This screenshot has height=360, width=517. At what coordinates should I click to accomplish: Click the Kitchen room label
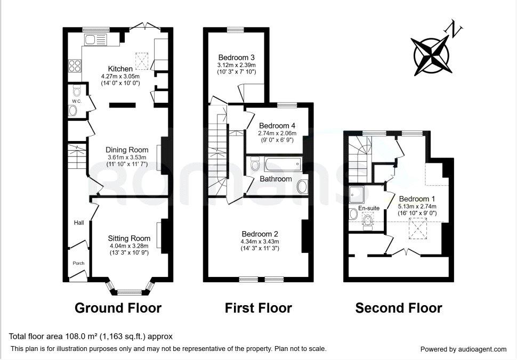(x=120, y=69)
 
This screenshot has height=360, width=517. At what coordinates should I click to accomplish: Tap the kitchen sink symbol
(x=95, y=40)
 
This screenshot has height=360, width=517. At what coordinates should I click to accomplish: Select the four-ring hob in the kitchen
(x=75, y=66)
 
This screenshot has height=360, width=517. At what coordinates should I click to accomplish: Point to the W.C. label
(x=77, y=101)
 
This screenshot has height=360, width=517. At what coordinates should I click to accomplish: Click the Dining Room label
(x=127, y=150)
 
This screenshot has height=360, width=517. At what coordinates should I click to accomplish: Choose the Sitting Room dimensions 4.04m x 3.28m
(x=129, y=246)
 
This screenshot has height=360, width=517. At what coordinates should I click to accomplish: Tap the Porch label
(x=78, y=263)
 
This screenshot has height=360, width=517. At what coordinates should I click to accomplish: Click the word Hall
(x=79, y=223)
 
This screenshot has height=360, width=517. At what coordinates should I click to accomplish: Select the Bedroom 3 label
(x=237, y=58)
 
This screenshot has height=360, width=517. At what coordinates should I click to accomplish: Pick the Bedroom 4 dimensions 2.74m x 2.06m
(x=277, y=133)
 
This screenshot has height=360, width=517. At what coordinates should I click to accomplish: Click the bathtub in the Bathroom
(x=283, y=164)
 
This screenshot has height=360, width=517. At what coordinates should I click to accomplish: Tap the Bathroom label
(x=276, y=179)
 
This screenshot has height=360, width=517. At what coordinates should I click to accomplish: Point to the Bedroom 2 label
(x=260, y=234)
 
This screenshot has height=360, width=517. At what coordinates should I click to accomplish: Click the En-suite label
(x=369, y=208)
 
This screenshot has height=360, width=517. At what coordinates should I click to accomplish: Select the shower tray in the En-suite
(x=357, y=195)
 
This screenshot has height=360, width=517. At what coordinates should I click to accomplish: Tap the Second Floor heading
(x=399, y=308)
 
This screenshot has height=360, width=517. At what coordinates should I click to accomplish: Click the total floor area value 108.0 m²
(x=79, y=336)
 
